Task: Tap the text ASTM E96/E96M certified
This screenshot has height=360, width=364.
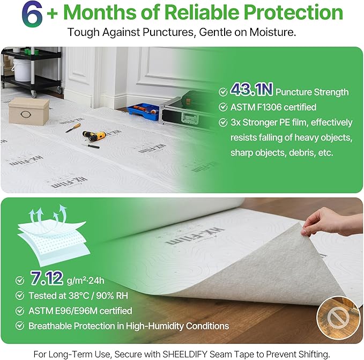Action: coord(80,311)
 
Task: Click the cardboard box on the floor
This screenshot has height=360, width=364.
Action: coord(28,111)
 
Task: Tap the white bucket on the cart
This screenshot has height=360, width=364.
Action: coord(22,70)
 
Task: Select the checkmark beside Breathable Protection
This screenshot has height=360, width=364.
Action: coord(20,326)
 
